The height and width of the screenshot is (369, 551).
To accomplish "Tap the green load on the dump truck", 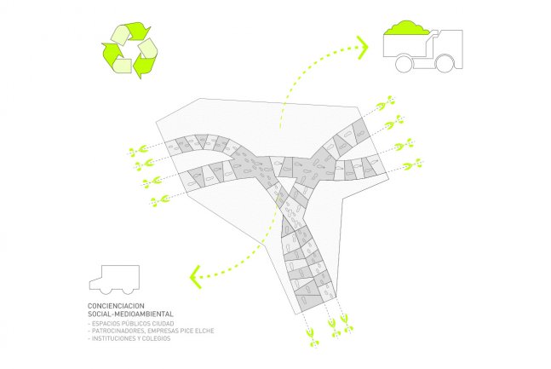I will tap(408, 28).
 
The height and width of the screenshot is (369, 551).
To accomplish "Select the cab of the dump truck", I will tap(449, 47).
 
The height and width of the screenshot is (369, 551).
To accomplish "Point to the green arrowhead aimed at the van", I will tap(195, 274).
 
